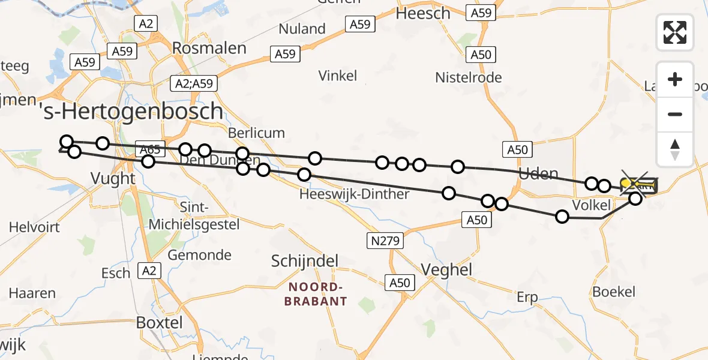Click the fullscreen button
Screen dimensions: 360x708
(x=675, y=32)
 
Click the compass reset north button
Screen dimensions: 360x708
(x=675, y=149)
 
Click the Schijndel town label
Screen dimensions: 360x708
(x=305, y=261)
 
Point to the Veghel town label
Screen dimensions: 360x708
(x=447, y=269)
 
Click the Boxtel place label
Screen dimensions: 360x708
(x=159, y=322)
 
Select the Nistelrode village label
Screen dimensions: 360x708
(x=469, y=77)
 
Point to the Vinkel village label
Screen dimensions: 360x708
(x=338, y=76)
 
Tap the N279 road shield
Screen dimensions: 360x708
(x=385, y=241)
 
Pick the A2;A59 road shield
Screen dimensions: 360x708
(x=194, y=83)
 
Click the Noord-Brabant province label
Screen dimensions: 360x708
(x=316, y=294)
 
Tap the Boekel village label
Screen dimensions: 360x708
(x=614, y=292)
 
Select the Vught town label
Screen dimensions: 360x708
(x=112, y=178)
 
